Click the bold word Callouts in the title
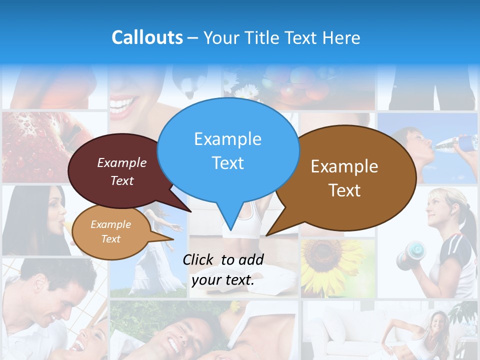pos(147,37)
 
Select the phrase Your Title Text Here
pos(281,38)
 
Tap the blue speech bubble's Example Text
pos(227,150)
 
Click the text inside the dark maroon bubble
pos(122,171)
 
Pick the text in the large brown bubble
pos(344,178)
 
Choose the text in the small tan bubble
pos(110,231)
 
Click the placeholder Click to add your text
pos(223,269)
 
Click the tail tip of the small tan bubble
pos(173,239)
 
